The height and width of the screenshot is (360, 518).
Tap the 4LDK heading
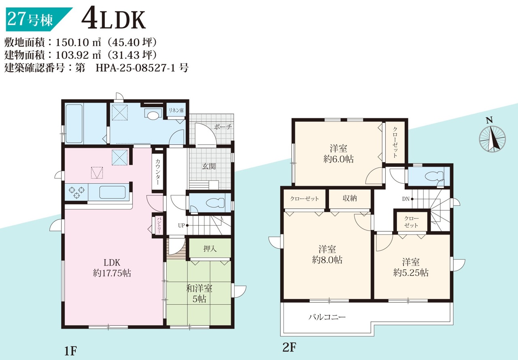click(113, 20)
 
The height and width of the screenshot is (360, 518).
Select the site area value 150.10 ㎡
click(79, 42)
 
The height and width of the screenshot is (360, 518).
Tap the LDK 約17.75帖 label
click(112, 268)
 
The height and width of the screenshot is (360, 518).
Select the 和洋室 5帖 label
click(199, 293)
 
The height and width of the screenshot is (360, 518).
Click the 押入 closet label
click(210, 249)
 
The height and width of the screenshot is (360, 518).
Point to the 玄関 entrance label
click(209, 166)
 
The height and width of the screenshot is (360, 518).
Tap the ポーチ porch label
click(223, 127)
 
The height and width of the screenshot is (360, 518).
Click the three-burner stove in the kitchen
click(76, 193)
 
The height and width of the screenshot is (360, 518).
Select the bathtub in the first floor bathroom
click(74, 124)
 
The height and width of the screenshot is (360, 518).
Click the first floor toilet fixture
click(215, 203)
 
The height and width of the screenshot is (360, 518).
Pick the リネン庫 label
click(176, 110)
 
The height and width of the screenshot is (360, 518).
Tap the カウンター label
click(157, 172)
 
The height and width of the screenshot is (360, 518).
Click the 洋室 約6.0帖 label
click(338, 154)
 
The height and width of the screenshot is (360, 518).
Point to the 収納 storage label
click(350, 198)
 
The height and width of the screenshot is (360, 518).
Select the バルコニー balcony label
click(327, 317)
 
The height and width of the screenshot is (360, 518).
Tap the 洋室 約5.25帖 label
click(411, 267)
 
